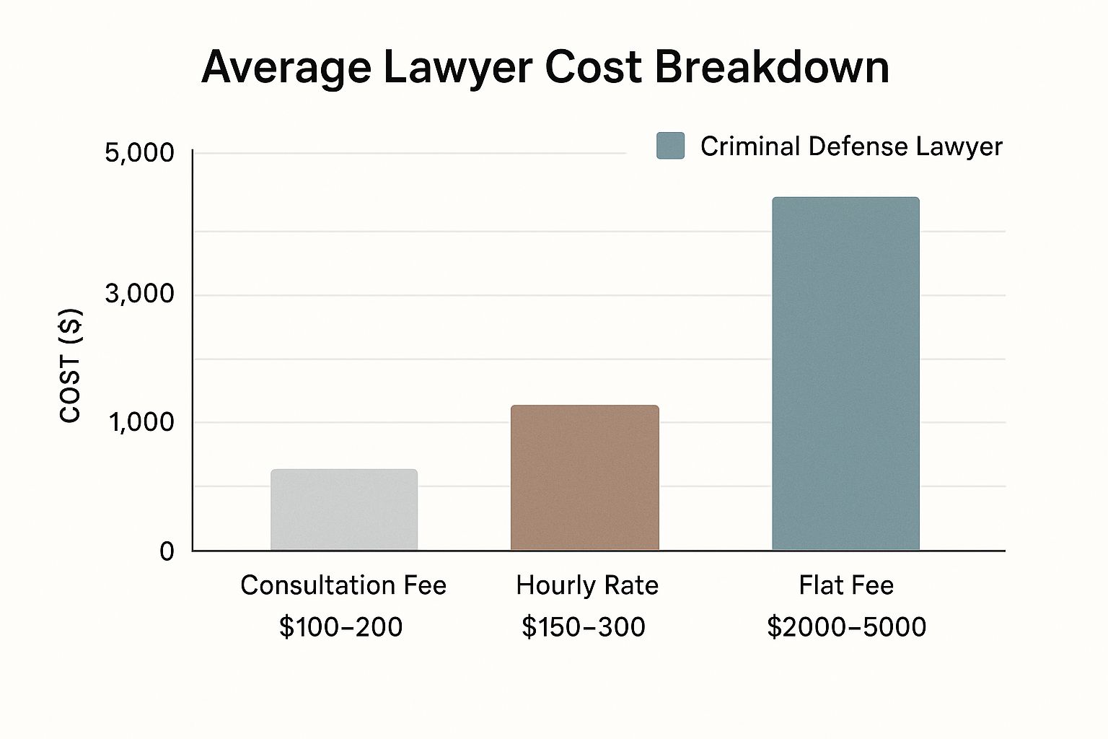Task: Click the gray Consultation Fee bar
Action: coord(344,510)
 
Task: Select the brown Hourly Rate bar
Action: coord(584,478)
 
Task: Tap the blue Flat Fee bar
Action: coord(845,374)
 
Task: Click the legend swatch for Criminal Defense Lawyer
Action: coord(670,146)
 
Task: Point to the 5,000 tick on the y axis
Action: coord(140,153)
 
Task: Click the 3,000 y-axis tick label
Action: coord(140,294)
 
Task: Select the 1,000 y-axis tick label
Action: coord(141,422)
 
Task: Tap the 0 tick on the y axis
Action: coord(167,552)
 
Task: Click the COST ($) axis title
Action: coord(71,366)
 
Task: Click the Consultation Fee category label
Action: coord(343,585)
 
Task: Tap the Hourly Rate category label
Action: coord(587,585)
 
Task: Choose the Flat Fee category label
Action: coord(846,585)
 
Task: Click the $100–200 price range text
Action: coord(340,627)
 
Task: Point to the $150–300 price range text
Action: coord(584,627)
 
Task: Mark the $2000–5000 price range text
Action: coord(846,627)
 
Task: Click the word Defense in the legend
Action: coord(858,147)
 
